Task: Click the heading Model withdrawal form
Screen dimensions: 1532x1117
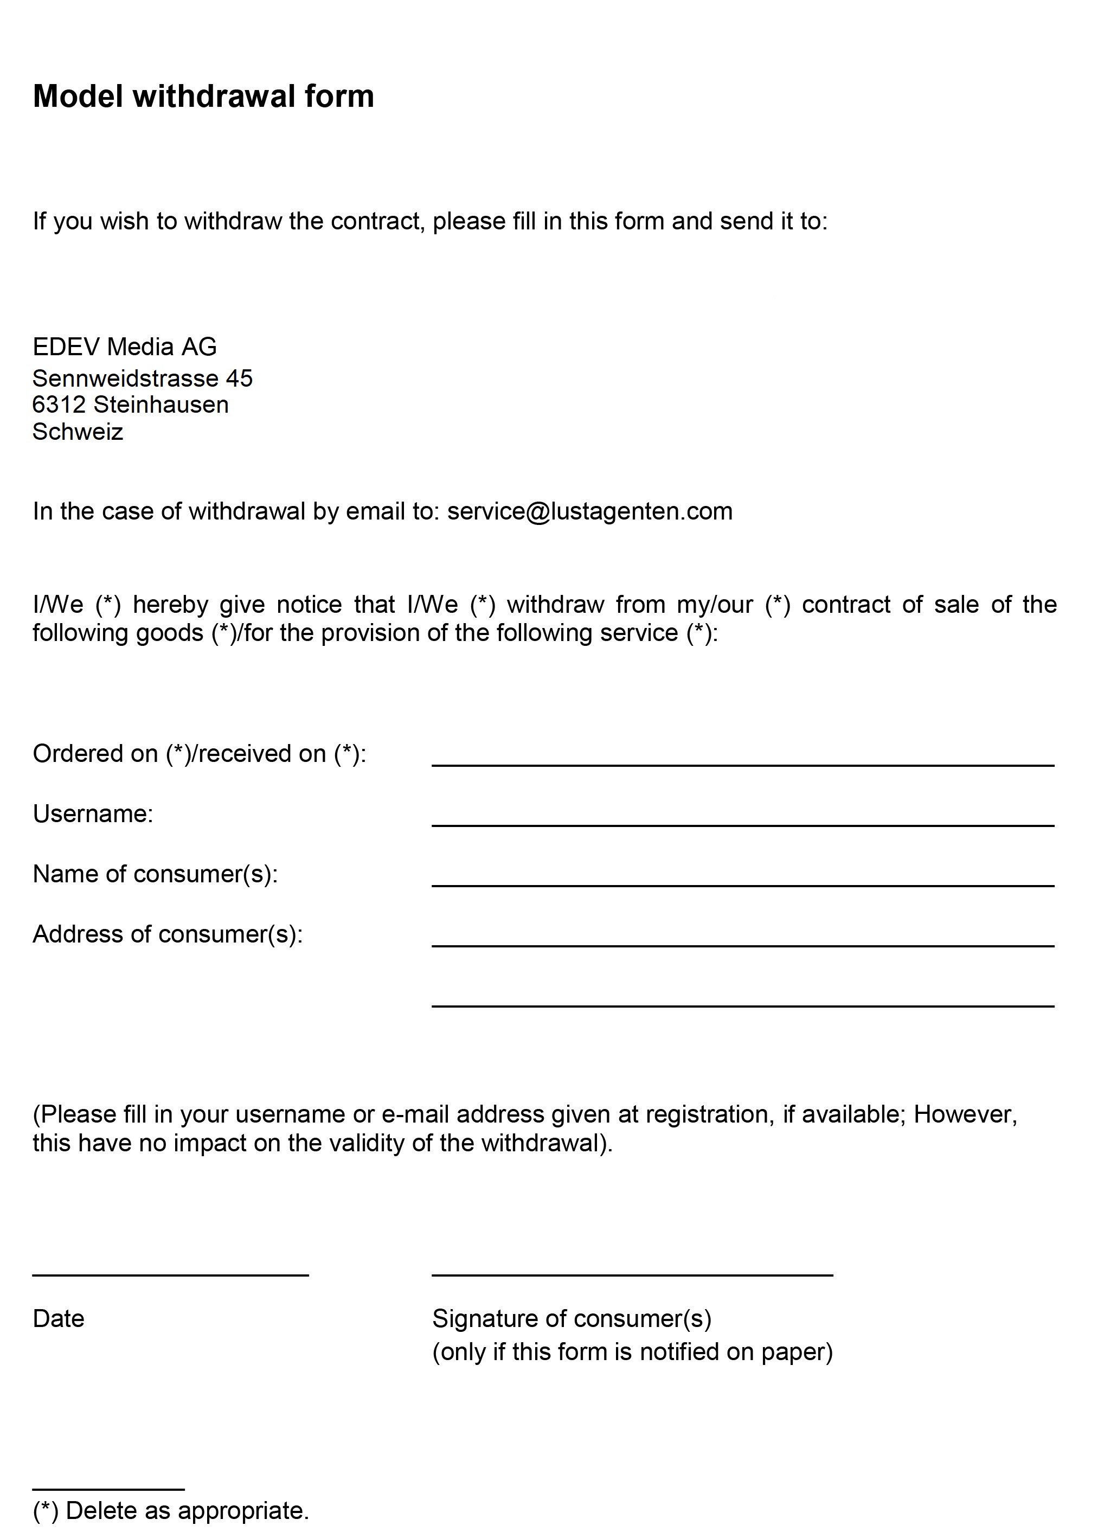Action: point(203,96)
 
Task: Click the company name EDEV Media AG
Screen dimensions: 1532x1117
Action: point(124,347)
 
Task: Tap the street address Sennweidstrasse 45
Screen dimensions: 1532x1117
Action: point(142,378)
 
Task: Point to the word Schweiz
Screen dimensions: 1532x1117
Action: point(78,432)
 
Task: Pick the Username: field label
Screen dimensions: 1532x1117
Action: point(93,814)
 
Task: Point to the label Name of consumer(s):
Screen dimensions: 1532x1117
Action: point(155,874)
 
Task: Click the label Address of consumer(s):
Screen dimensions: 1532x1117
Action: point(167,934)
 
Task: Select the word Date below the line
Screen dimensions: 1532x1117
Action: point(58,1319)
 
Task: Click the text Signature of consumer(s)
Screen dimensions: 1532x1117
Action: point(572,1319)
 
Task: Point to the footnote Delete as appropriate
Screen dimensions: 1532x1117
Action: point(187,1510)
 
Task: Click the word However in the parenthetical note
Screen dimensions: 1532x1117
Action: point(964,1114)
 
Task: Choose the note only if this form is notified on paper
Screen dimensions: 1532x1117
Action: point(632,1352)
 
